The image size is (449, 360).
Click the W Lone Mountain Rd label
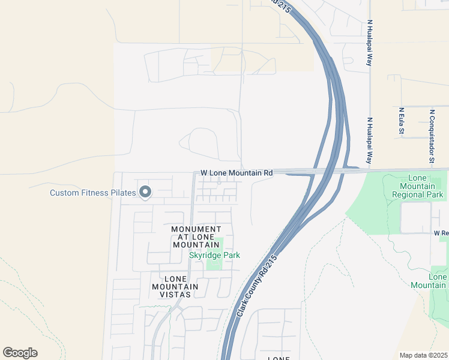[237, 173]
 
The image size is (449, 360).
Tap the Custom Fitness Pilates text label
[92, 193]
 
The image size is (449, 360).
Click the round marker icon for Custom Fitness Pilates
[145, 192]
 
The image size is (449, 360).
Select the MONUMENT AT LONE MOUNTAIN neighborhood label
[196, 237]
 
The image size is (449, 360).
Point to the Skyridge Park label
[214, 255]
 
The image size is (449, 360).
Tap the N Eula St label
[401, 121]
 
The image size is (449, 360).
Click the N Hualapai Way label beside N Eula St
[370, 141]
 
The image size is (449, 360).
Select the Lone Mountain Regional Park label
[426, 186]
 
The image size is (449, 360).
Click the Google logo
[20, 353]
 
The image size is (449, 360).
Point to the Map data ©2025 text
[423, 355]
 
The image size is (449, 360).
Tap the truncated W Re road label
[441, 232]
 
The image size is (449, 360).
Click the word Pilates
[123, 193]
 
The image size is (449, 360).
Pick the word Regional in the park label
[418, 194]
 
